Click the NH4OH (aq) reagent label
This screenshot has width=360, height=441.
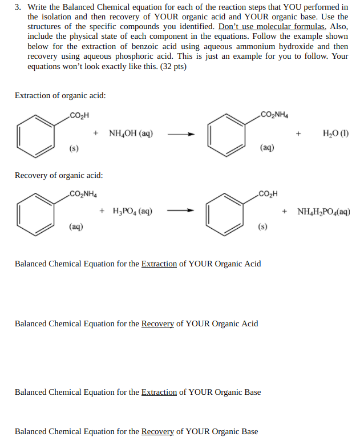pos(130,134)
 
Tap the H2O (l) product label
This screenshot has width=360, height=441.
pos(335,134)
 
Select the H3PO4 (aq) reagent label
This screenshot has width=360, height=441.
pos(132,211)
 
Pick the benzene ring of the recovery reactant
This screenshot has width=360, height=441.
pos(36,211)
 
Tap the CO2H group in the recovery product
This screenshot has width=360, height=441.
pos(268,192)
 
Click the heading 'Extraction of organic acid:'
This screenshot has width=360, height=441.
pos(60,95)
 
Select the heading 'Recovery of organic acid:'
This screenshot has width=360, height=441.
pos(59,176)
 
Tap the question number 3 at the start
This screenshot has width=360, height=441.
pos(18,6)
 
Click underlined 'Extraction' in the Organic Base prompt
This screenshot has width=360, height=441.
pos(159,392)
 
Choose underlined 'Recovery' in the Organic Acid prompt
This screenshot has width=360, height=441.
pos(157,323)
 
